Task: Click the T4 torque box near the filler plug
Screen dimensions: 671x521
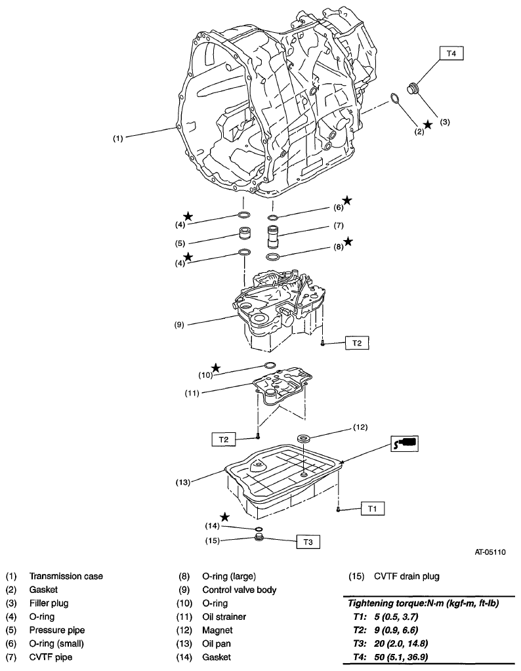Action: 451,54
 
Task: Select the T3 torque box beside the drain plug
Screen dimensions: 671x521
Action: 308,542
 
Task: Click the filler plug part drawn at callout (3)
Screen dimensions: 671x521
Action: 415,89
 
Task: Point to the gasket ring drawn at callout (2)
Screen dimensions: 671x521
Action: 395,99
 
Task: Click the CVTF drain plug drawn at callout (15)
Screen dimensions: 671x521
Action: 259,540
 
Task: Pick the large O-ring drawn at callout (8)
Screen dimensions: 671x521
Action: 274,256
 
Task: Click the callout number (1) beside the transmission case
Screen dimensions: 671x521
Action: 116,138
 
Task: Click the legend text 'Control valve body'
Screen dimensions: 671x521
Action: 239,590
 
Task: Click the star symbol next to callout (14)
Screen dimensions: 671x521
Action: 224,517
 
